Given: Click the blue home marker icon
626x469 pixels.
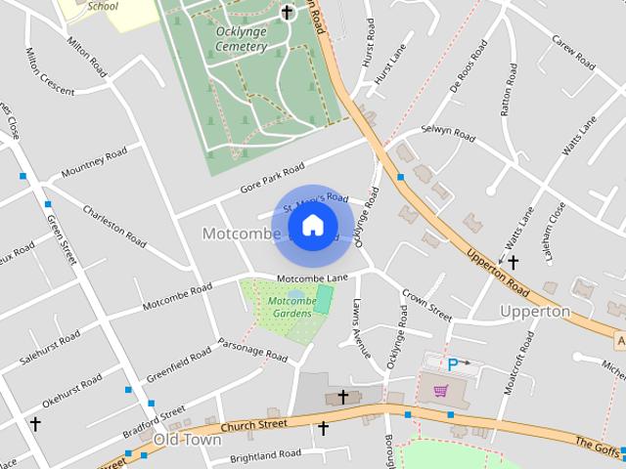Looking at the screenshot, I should [312, 226].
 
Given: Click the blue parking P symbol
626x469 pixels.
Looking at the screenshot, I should [453, 364].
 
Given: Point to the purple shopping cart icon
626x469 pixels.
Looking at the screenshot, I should [441, 391].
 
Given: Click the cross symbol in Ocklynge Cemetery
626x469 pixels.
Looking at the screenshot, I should [287, 13].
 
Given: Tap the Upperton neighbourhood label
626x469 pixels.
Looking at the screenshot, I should [534, 312].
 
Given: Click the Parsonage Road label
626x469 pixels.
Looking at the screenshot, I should [251, 346].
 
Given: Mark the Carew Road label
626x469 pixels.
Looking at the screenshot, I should [573, 53].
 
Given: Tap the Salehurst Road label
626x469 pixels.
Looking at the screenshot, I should [49, 351].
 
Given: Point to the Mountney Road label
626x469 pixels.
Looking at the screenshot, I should [94, 163].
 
